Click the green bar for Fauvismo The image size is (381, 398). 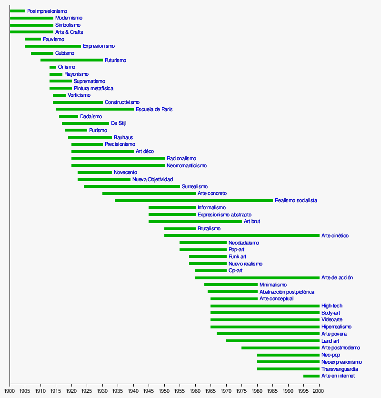pyautogui.click(x=33, y=39)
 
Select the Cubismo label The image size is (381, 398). pyautogui.click(x=65, y=53)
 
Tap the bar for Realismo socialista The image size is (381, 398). pyautogui.click(x=194, y=201)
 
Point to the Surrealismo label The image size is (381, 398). pyautogui.click(x=195, y=187)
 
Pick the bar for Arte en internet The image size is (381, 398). pyautogui.click(x=311, y=376)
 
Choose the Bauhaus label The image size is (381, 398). pyautogui.click(x=123, y=138)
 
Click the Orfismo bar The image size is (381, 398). pyautogui.click(x=53, y=67)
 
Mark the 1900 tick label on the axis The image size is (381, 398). pyautogui.click(x=10, y=391)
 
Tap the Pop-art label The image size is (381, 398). pyautogui.click(x=236, y=250)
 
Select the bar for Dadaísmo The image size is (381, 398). pyautogui.click(x=69, y=116)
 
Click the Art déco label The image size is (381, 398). pyautogui.click(x=145, y=152)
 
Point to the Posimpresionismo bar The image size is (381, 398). pyautogui.click(x=18, y=11)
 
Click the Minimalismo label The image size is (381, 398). pyautogui.click(x=273, y=285)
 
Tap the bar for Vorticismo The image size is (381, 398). pyautogui.click(x=59, y=95)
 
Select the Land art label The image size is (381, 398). pyautogui.click(x=330, y=341)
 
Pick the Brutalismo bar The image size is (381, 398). pyautogui.click(x=180, y=229)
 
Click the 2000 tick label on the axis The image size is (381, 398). pyautogui.click(x=319, y=391)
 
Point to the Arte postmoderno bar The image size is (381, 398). pyautogui.click(x=281, y=348)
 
